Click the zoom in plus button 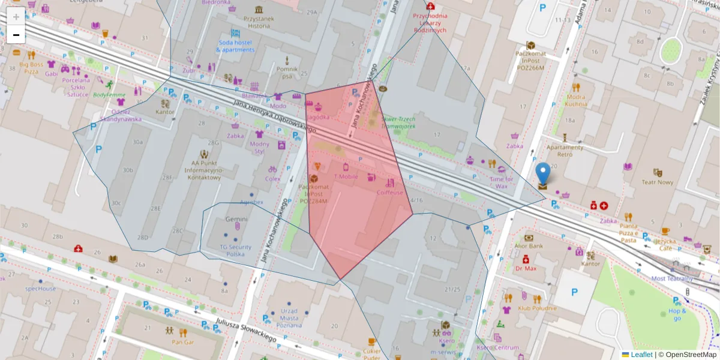pos(16,17)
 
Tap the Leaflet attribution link pos(641,355)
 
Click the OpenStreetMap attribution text pos(687,355)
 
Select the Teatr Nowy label pos(657,182)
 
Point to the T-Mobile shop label pos(345,176)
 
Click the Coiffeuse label pos(389,193)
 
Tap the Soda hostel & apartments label pos(236,46)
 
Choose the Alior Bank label pos(529,245)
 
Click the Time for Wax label pos(502,182)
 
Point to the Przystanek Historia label pos(259,22)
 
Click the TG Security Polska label pos(235,250)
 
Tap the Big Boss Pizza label pos(31,67)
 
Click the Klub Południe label pos(537,308)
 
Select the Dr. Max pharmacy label pos(526,268)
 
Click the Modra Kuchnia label pos(576,100)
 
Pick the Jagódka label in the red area pos(318,117)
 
